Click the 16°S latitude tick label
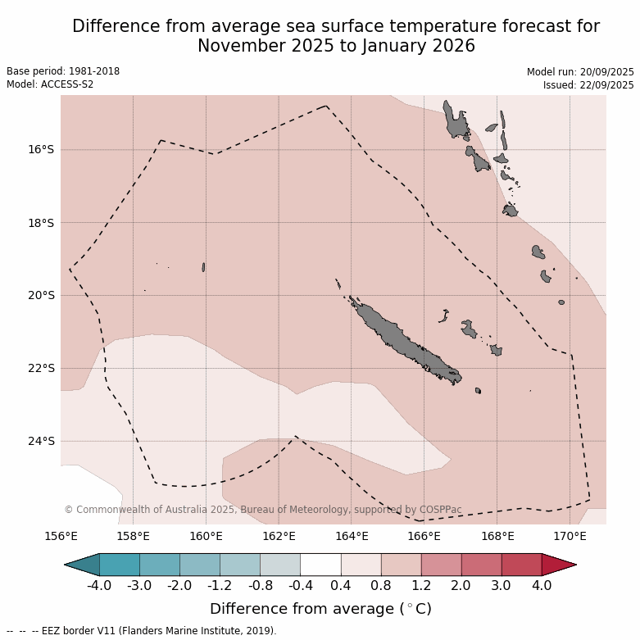click(41, 149)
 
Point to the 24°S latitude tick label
click(41, 441)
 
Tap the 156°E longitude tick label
click(61, 537)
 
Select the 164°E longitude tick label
click(352, 537)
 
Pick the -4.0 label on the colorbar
click(99, 586)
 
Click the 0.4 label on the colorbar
click(341, 586)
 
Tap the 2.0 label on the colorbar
click(461, 586)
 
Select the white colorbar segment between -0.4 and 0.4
click(320, 565)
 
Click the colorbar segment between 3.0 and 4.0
click(521, 565)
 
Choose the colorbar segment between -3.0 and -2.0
click(160, 565)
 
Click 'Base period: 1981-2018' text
click(63, 71)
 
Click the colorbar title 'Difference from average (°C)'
click(320, 609)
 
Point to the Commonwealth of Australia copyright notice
click(263, 510)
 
